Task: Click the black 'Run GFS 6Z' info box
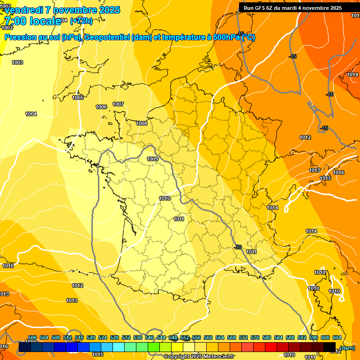tap(292, 8)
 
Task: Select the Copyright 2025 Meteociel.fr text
tap(199, 356)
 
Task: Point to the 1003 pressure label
tap(17, 62)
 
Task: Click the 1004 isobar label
tap(31, 114)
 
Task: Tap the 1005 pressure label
tap(78, 97)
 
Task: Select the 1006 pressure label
tap(101, 107)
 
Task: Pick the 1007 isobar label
tap(118, 104)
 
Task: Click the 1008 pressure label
tap(142, 123)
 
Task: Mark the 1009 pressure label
tap(152, 159)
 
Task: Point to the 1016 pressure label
tap(338, 173)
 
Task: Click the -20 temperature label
tap(238, 247)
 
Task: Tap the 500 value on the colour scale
tap(32, 337)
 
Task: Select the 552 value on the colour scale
tap(185, 337)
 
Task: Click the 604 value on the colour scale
tap(337, 337)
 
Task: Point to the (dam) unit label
tap(347, 348)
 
